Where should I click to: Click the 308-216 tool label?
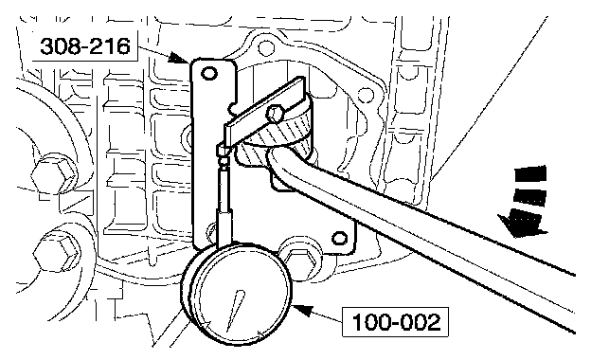click(85, 46)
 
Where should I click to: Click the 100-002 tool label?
click(395, 322)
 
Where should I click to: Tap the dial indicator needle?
click(236, 310)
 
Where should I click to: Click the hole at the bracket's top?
click(209, 73)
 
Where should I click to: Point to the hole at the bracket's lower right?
click(339, 238)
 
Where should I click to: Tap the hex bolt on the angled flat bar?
click(276, 113)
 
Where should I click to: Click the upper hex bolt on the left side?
click(54, 174)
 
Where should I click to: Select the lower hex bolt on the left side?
click(57, 252)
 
